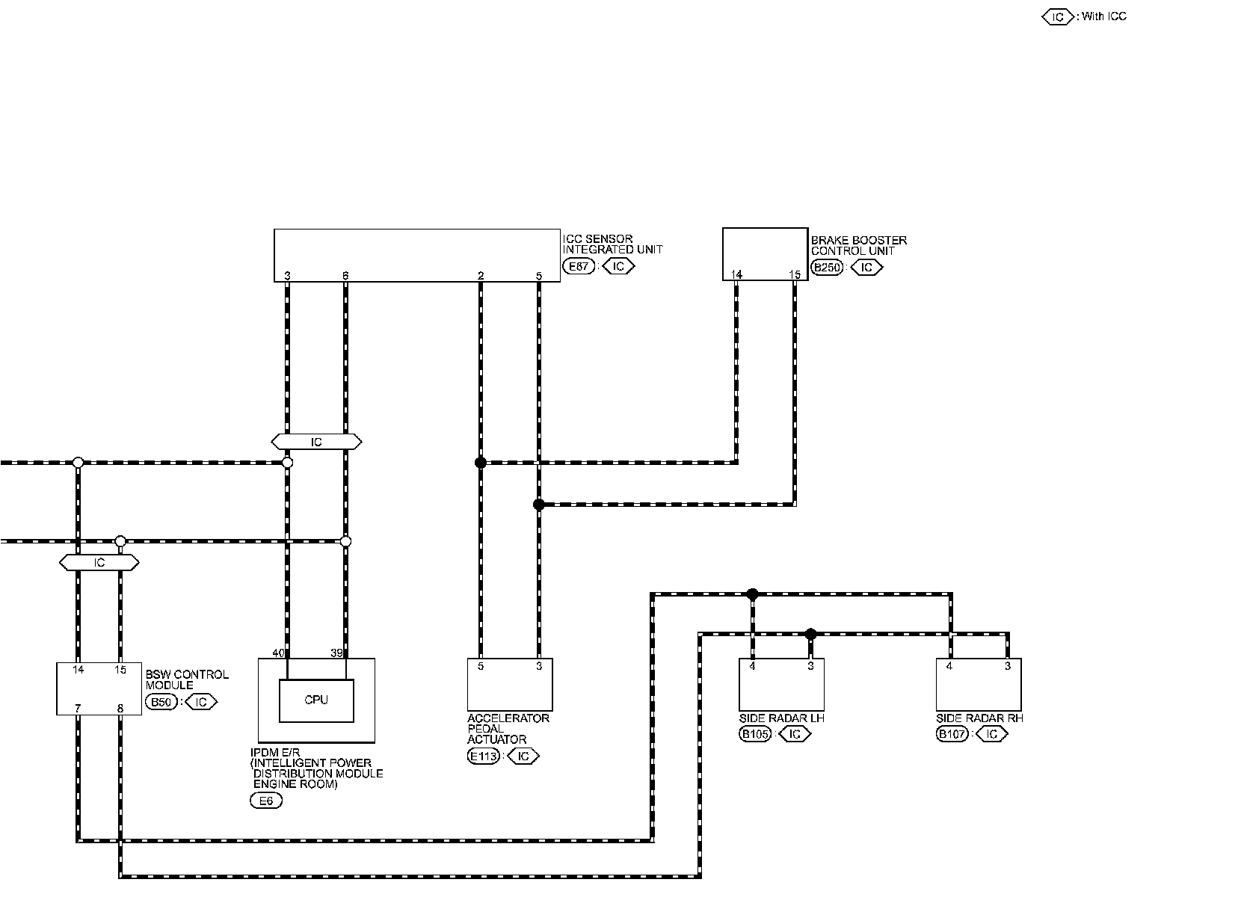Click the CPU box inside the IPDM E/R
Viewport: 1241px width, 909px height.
click(x=316, y=700)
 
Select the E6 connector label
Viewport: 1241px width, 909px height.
click(x=266, y=801)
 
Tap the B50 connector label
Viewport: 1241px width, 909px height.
click(x=161, y=702)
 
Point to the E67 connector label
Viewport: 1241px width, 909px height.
click(x=579, y=266)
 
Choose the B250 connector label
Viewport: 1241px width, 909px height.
click(x=827, y=268)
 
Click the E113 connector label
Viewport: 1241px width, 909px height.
click(x=484, y=756)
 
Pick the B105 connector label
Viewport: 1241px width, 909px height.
click(x=755, y=734)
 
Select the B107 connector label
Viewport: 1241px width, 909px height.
click(x=952, y=734)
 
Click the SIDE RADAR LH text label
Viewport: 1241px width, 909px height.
click(x=781, y=718)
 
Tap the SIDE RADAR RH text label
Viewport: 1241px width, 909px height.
click(x=979, y=718)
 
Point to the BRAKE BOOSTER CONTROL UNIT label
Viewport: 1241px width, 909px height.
click(x=859, y=245)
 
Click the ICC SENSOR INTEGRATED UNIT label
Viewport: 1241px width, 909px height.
click(x=612, y=244)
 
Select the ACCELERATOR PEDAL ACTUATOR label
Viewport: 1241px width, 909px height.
click(x=508, y=728)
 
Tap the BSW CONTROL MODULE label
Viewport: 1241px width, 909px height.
click(x=187, y=680)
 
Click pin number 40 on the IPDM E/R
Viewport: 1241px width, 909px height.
click(x=278, y=653)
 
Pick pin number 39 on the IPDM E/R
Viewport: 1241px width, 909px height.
click(x=336, y=653)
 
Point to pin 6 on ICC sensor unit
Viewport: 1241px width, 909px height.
click(x=345, y=275)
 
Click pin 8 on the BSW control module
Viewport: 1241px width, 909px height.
click(x=120, y=709)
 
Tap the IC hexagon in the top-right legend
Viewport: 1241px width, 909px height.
click(x=1058, y=17)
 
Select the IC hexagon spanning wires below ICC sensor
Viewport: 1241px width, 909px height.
click(x=316, y=442)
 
